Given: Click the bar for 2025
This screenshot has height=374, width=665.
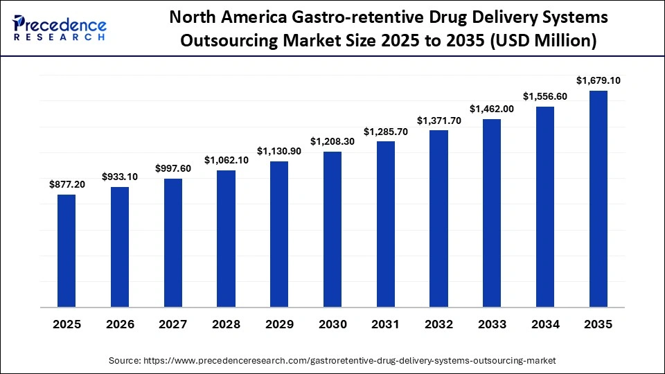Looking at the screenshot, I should pos(66,251).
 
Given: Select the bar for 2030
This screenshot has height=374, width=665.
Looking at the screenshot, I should pos(332,229).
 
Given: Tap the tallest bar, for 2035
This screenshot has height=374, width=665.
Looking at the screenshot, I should pos(598,199).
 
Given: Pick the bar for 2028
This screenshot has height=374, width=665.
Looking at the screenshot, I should pos(226,238).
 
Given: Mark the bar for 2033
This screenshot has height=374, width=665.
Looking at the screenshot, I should pos(492,213).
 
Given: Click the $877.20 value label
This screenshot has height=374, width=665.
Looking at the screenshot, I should pos(66,184).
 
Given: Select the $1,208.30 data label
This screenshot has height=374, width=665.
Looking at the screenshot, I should pos(332,141).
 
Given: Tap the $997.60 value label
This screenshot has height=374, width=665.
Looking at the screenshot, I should pos(172,168).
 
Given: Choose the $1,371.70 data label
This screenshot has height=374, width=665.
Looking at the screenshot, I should pos(438,121).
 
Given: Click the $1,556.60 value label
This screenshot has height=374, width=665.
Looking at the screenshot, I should pos(545,96).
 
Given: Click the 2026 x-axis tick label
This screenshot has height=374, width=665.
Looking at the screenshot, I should pos(120,324).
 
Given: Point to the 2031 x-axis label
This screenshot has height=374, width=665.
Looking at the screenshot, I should pos(385,324).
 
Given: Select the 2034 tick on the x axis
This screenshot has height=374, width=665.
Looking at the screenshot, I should pos(545,324).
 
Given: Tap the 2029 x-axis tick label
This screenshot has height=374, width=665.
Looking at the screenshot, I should pos(279,324).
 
